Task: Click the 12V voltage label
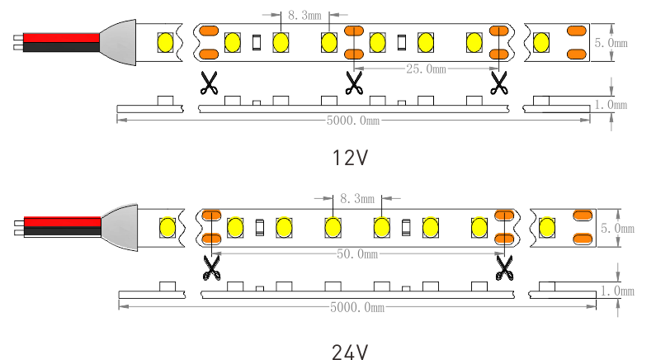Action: click(x=350, y=157)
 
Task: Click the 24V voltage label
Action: click(x=350, y=352)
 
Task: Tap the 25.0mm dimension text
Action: click(x=426, y=69)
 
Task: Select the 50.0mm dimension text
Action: click(x=357, y=254)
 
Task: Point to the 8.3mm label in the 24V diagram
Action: click(x=357, y=198)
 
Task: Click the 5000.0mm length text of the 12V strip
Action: click(x=353, y=121)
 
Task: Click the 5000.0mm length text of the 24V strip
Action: click(x=357, y=307)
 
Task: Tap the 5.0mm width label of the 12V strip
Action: click(x=611, y=43)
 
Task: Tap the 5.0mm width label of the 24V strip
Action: click(x=618, y=228)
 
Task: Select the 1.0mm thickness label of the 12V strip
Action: click(x=611, y=105)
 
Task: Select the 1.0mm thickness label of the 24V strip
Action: click(x=618, y=291)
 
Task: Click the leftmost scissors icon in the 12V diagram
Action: click(x=209, y=81)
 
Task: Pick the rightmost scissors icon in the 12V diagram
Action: click(x=498, y=81)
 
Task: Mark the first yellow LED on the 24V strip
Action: click(x=168, y=225)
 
